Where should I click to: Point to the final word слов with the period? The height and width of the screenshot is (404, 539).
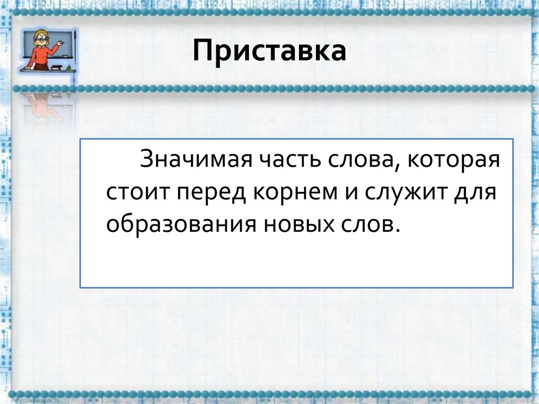click(368, 223)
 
